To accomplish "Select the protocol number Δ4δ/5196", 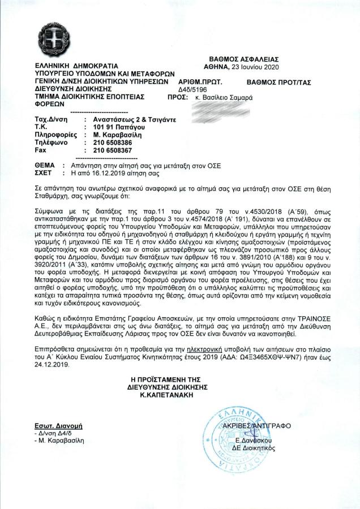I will point(194,89).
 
